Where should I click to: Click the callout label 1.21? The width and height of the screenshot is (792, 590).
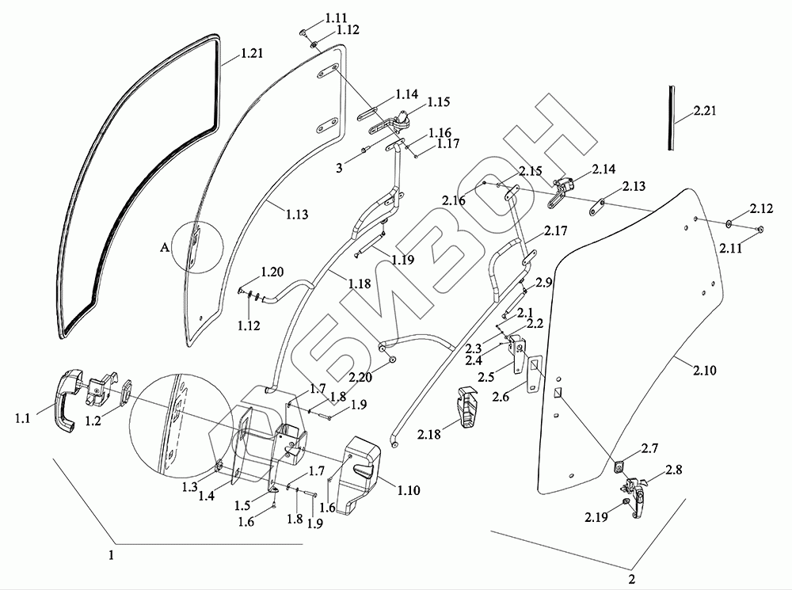(252, 52)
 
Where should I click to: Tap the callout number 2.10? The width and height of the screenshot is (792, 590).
(705, 371)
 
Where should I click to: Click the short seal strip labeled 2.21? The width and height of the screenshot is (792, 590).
(670, 117)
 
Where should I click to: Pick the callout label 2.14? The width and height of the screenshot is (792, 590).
(604, 169)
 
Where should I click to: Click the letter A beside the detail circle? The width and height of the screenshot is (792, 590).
(164, 247)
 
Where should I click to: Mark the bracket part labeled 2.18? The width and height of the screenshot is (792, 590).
(467, 407)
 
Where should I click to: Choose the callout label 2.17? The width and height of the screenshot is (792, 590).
(556, 230)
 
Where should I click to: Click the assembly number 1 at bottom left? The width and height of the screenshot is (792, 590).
(111, 554)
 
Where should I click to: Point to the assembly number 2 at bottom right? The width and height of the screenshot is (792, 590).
(631, 578)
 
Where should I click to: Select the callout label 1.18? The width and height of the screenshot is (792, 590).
(359, 284)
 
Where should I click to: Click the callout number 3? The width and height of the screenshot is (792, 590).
(340, 167)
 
